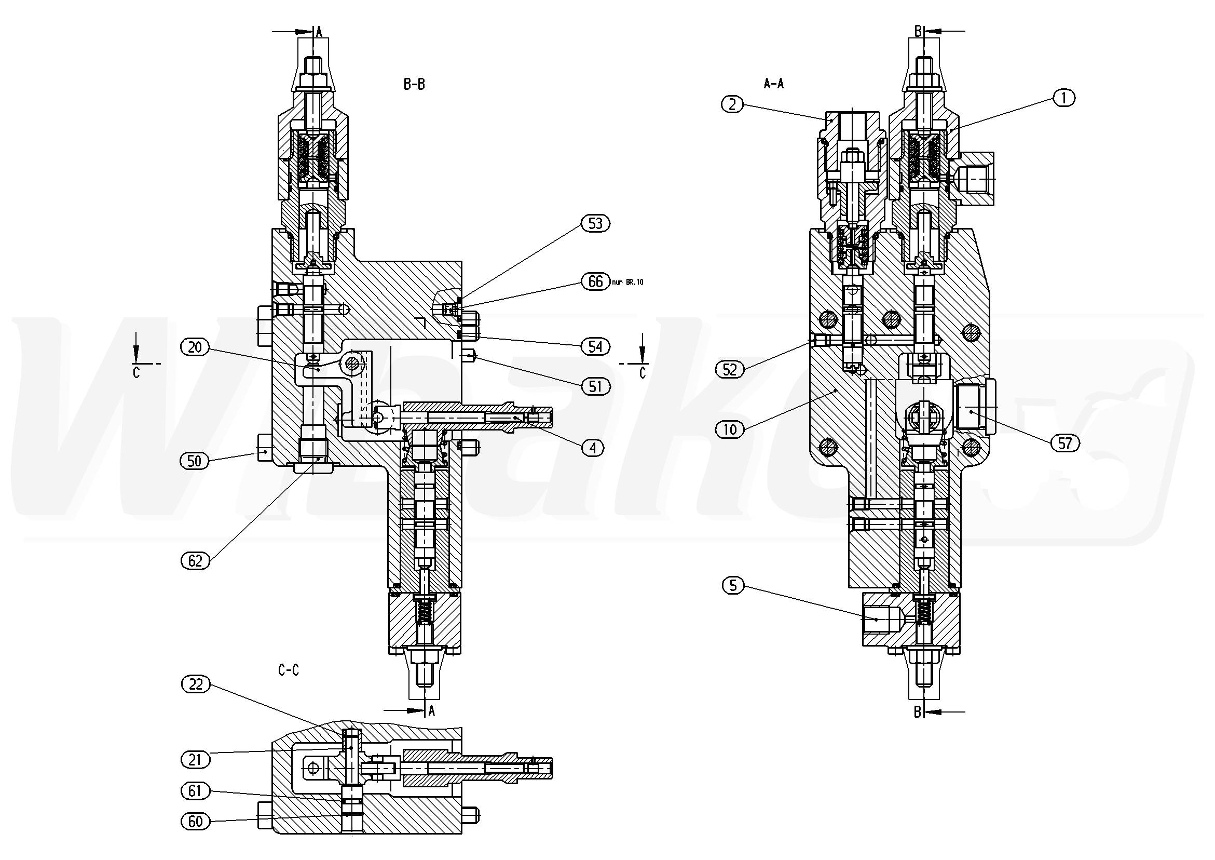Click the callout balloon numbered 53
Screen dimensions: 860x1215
pos(595,223)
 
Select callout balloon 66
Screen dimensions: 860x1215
pos(595,281)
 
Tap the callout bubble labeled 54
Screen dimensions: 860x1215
pos(595,347)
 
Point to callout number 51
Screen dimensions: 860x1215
pos(595,386)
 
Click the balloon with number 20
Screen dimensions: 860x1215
pos(195,347)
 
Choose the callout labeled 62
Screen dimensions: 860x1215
pos(195,560)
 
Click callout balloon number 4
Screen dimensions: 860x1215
pos(593,448)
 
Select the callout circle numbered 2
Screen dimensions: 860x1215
pos(732,104)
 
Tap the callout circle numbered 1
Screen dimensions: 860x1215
pos(1064,98)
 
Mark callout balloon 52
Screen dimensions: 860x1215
pos(730,369)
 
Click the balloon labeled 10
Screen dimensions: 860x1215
pos(730,429)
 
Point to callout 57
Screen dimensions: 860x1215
pos(1064,442)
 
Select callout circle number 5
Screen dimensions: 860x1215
pos(733,585)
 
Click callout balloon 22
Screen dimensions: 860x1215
pos(195,684)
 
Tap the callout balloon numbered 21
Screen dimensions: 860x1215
pos(195,760)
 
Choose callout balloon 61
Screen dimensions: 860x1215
pos(195,790)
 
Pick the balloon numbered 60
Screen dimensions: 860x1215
pos(195,822)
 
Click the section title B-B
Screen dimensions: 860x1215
pos(414,84)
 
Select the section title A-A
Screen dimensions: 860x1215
pos(774,83)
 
